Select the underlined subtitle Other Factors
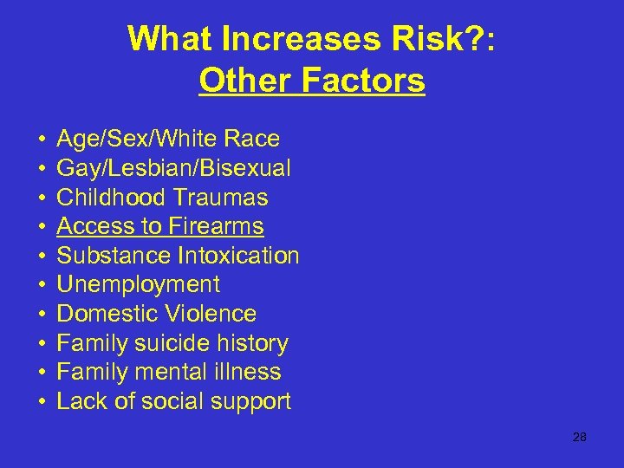point(311,81)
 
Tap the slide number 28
point(580,437)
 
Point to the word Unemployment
point(138,284)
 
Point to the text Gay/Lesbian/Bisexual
point(173,168)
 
